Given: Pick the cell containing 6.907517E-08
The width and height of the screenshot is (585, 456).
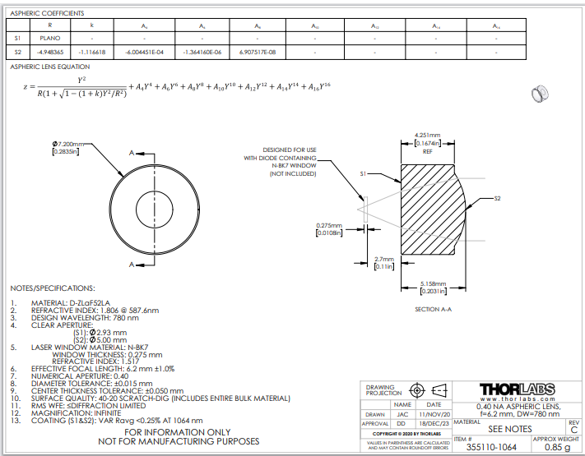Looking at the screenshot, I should click(x=258, y=51).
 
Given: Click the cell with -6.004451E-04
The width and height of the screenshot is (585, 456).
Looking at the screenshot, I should click(x=144, y=51).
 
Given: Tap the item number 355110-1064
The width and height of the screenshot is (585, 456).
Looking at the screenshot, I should click(x=492, y=448).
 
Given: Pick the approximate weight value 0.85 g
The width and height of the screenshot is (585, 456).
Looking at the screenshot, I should click(x=556, y=448).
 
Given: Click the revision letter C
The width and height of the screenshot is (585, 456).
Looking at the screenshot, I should click(x=573, y=429).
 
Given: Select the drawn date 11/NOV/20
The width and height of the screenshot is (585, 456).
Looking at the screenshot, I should click(x=433, y=415).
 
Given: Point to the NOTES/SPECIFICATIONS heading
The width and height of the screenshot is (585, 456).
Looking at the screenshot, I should click(x=53, y=289).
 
